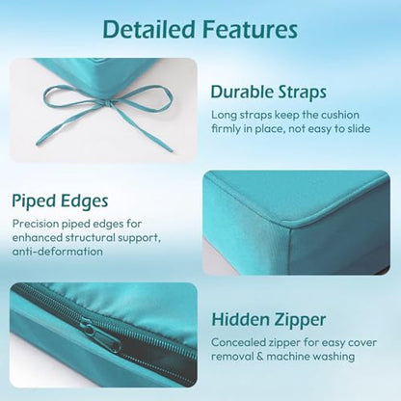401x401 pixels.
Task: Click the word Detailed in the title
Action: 149,29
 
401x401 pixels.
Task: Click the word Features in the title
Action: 250,29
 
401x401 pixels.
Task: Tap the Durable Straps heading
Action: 269,92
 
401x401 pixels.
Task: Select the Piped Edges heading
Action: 60,201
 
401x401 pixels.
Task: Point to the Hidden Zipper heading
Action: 269,320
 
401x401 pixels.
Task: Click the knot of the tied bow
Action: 106,103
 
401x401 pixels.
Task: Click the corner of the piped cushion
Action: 291,224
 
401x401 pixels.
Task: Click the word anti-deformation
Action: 58,252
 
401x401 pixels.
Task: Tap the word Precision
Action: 36,224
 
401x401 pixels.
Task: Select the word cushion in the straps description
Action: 340,115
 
